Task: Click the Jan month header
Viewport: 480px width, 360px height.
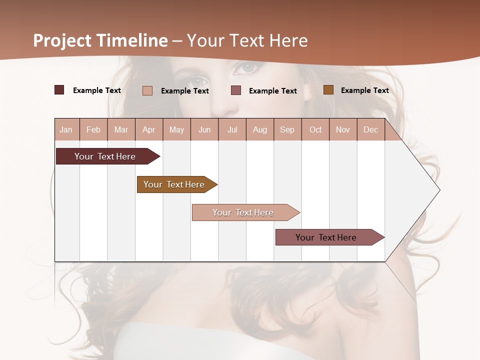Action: tap(66, 129)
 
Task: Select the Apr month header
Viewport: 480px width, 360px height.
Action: tap(148, 129)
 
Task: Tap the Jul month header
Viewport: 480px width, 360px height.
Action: tap(232, 129)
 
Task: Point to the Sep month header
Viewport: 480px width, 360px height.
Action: tap(287, 129)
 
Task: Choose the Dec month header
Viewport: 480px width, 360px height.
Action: tap(370, 129)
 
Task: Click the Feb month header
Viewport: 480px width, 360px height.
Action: tap(93, 129)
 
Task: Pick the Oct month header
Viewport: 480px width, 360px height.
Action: tap(315, 129)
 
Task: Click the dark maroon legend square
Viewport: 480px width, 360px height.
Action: tap(59, 90)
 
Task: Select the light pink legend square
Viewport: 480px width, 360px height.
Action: tap(147, 90)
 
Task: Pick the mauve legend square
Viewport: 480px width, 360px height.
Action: tap(236, 90)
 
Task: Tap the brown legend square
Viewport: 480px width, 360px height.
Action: tap(328, 90)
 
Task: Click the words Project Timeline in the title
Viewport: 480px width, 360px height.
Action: tap(100, 40)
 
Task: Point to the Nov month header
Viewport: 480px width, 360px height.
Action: tap(342, 129)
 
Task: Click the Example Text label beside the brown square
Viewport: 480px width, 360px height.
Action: tap(364, 90)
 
